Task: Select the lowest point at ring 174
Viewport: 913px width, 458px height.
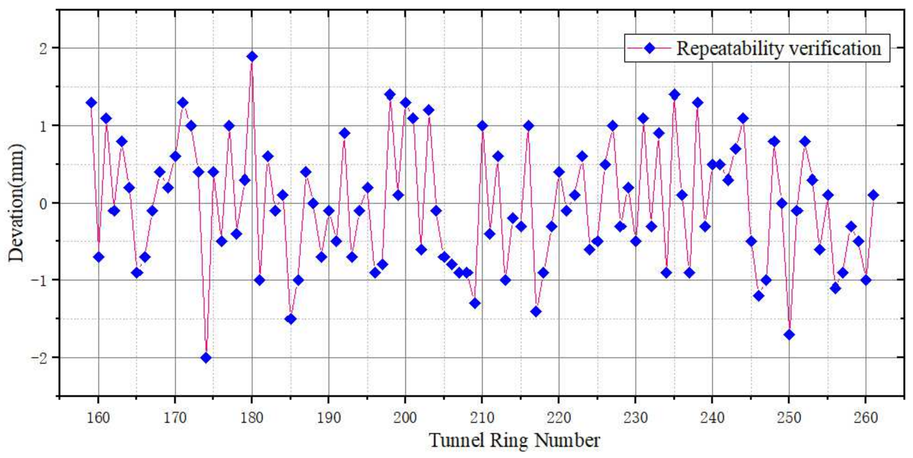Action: (x=206, y=358)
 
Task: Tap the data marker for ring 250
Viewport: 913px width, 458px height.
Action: (x=789, y=335)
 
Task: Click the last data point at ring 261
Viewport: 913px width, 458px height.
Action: (x=873, y=195)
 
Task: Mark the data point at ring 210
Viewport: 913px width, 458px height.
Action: (x=482, y=126)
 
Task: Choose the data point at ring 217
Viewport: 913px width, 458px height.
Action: (x=536, y=312)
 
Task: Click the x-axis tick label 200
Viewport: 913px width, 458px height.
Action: (x=405, y=418)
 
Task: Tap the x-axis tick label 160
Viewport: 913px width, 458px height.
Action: (x=99, y=418)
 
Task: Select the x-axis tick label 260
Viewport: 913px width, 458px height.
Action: (x=865, y=418)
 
